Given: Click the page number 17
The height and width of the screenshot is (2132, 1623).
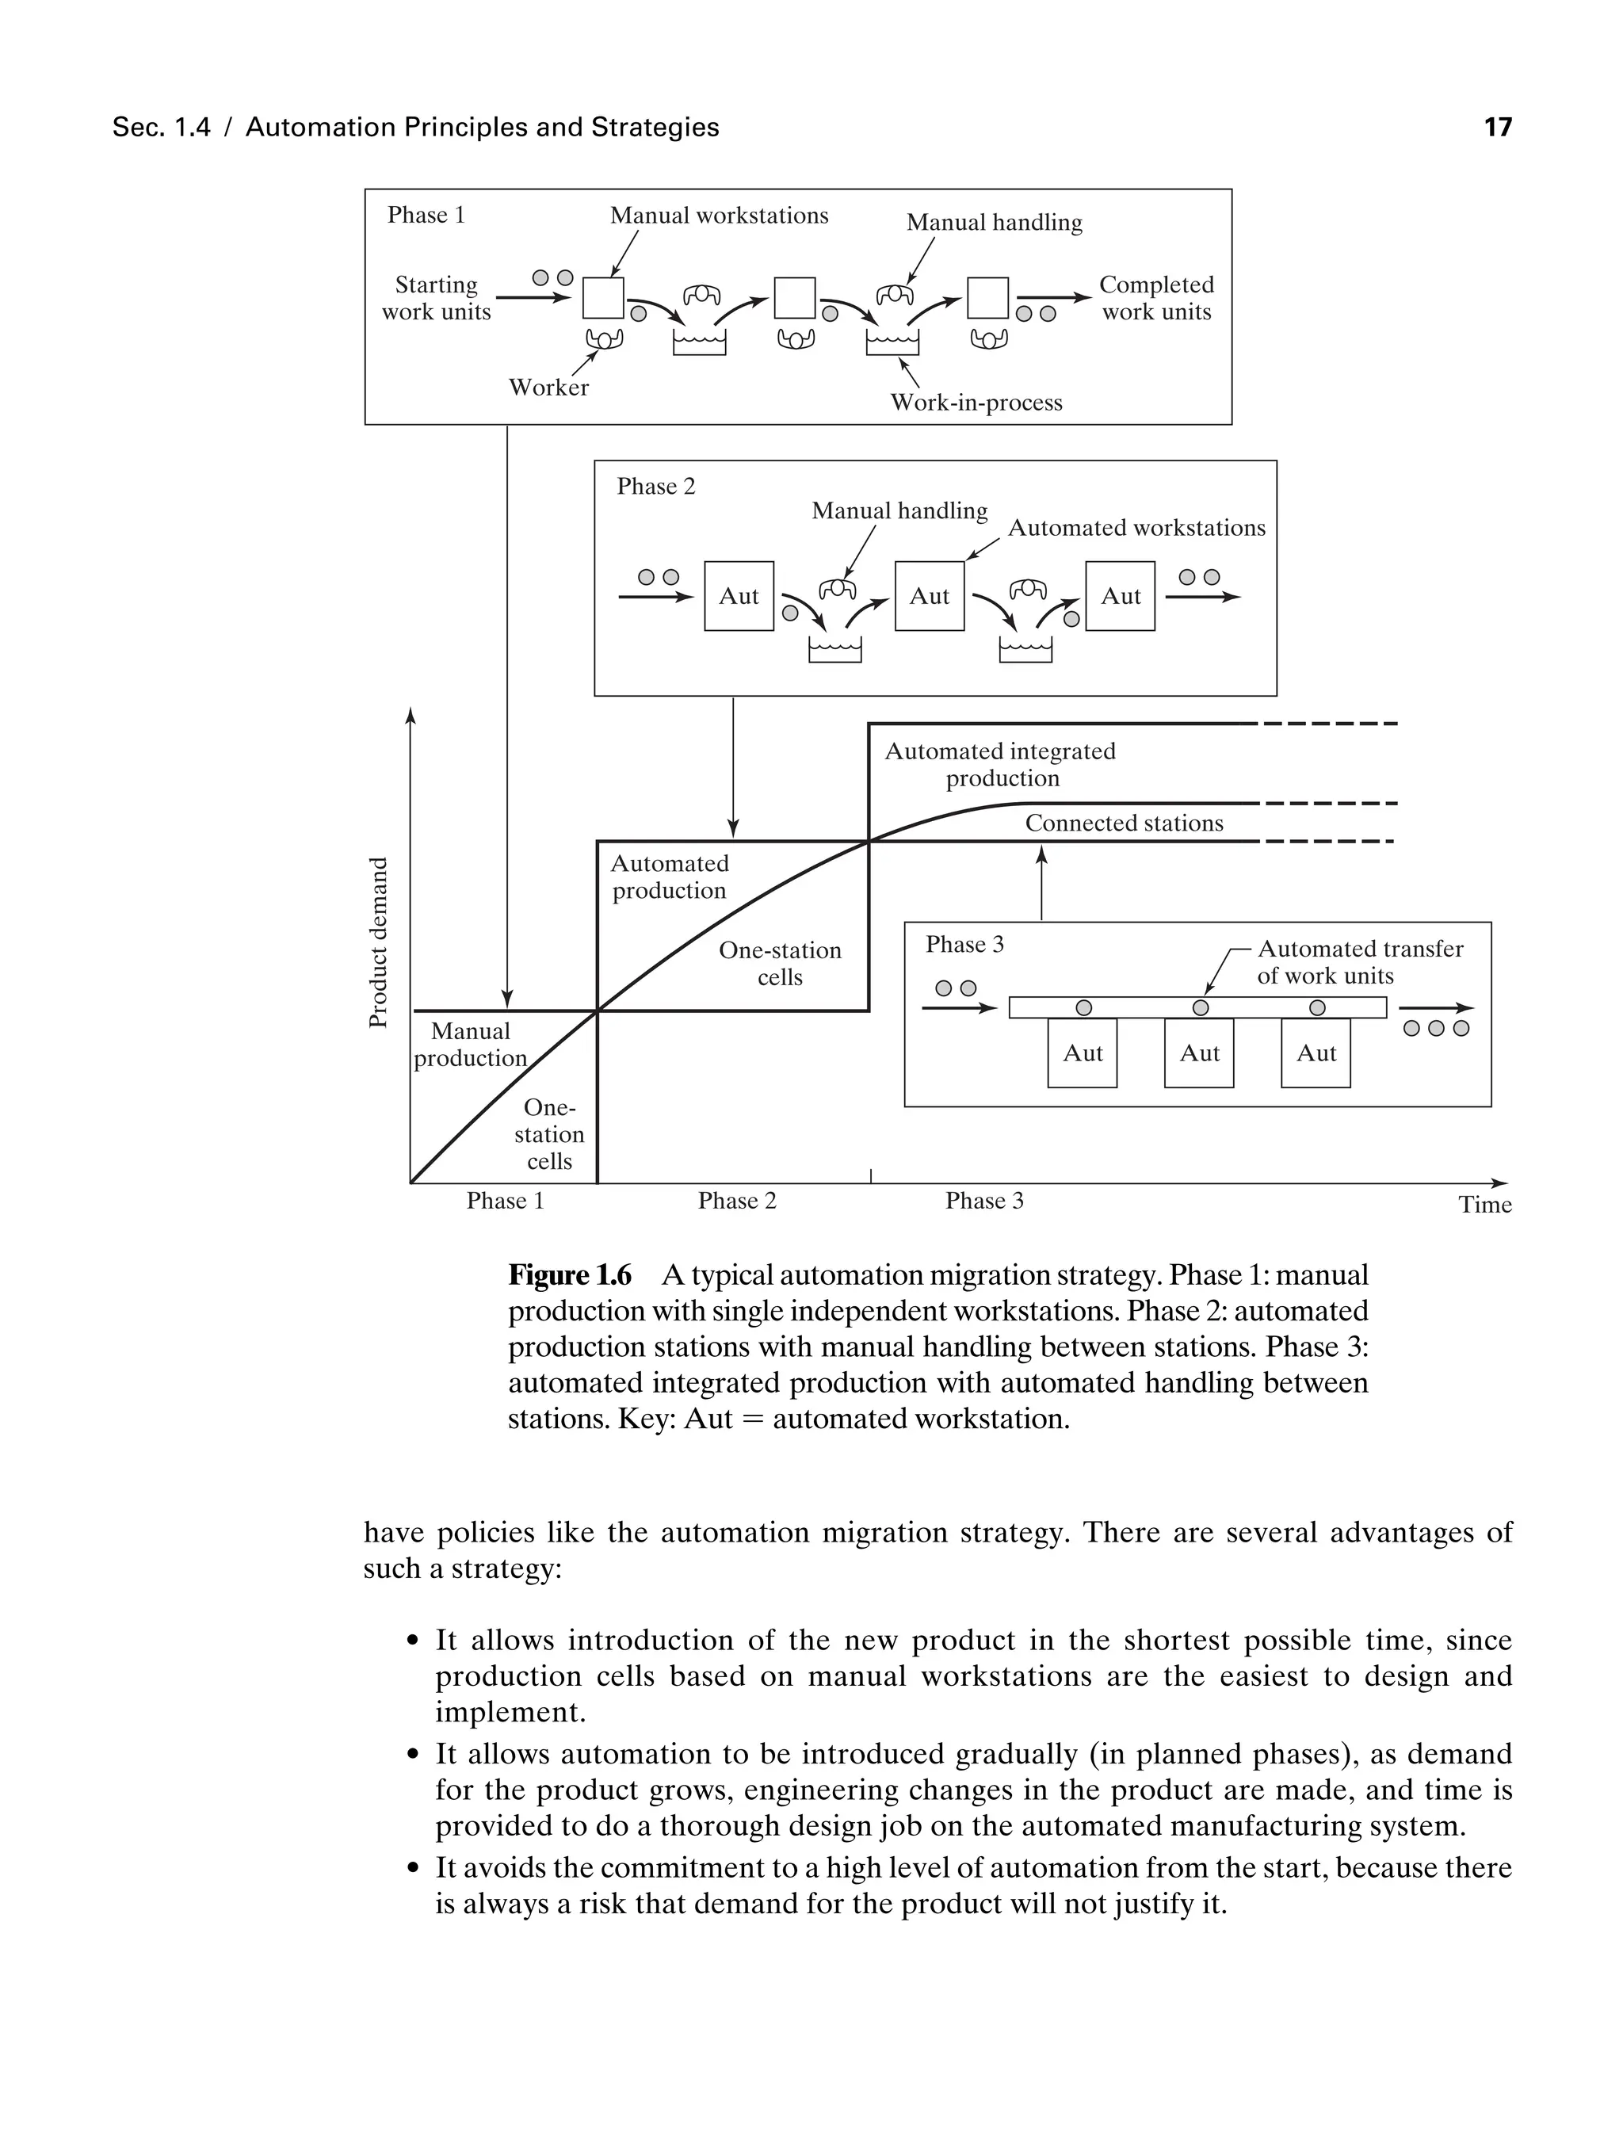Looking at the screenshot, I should point(1498,128).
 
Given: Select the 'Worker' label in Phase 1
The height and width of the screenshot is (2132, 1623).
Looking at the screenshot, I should point(548,388).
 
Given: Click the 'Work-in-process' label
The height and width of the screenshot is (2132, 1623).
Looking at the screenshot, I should point(976,403).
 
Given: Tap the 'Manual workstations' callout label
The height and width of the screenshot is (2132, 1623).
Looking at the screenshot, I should point(719,216).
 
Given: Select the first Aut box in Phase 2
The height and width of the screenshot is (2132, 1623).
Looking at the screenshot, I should point(739,596).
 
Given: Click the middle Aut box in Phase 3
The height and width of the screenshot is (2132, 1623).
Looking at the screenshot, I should point(1199,1053).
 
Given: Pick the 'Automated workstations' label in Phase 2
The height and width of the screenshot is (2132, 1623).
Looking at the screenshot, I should point(1136,527).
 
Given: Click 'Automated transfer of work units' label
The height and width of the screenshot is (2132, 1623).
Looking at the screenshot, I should point(1359,962).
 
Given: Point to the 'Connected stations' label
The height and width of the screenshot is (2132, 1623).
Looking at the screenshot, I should point(1124,823).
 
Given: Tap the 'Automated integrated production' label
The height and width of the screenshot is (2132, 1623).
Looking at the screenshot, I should point(1001,764).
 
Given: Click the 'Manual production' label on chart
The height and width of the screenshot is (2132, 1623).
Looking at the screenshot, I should point(471,1045).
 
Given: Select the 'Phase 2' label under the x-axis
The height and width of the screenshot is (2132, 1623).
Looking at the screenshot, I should point(737,1201).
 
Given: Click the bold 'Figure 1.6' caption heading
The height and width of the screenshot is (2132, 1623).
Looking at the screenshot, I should point(570,1275).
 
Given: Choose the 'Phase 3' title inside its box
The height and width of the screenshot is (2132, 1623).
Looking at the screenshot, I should point(964,944).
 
